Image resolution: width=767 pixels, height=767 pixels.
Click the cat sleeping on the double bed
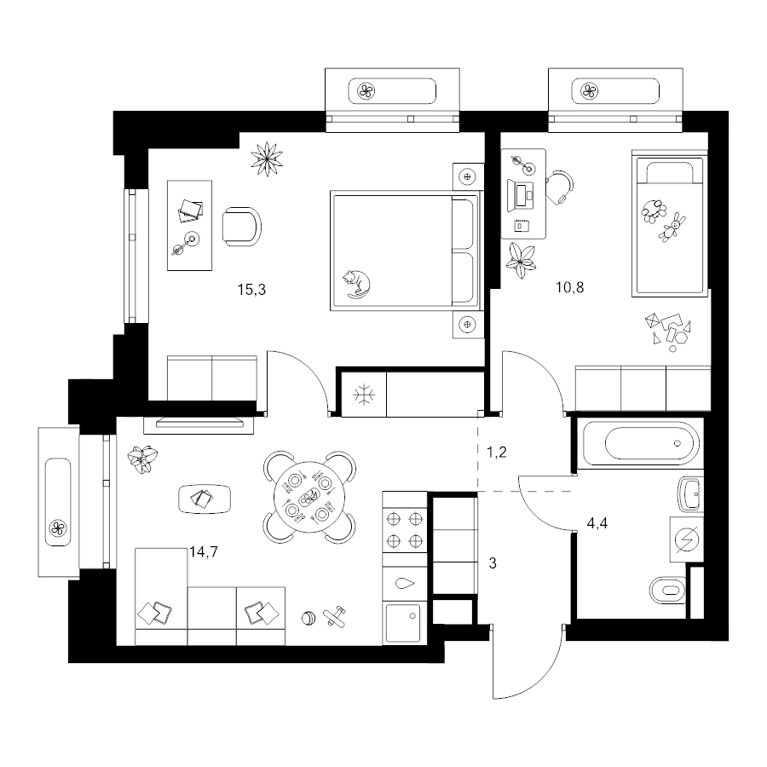[x=356, y=284]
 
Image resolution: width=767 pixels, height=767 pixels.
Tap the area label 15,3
[x=251, y=290]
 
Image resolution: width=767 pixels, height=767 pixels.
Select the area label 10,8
[x=569, y=287]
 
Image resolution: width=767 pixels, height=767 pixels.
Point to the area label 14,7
[x=204, y=551]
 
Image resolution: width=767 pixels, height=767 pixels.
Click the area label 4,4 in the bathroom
[x=597, y=523]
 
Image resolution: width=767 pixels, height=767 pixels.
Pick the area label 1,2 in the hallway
[x=497, y=453]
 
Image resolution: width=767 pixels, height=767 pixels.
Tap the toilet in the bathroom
[x=667, y=591]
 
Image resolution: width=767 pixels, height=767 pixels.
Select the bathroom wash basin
[x=690, y=494]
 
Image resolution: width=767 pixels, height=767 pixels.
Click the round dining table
[x=309, y=498]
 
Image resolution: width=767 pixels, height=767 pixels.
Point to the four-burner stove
[x=405, y=529]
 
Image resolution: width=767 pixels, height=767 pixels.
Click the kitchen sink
[x=403, y=623]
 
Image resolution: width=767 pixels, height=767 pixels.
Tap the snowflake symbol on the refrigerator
[x=364, y=395]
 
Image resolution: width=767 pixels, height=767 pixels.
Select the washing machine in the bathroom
[x=686, y=539]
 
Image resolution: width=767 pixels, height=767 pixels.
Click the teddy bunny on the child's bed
[x=672, y=228]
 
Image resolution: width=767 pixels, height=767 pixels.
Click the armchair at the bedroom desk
[x=242, y=227]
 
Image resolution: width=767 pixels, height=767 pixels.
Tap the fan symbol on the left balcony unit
[x=58, y=528]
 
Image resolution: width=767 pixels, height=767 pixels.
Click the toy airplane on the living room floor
[x=335, y=616]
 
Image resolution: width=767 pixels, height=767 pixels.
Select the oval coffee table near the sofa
[x=205, y=499]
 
